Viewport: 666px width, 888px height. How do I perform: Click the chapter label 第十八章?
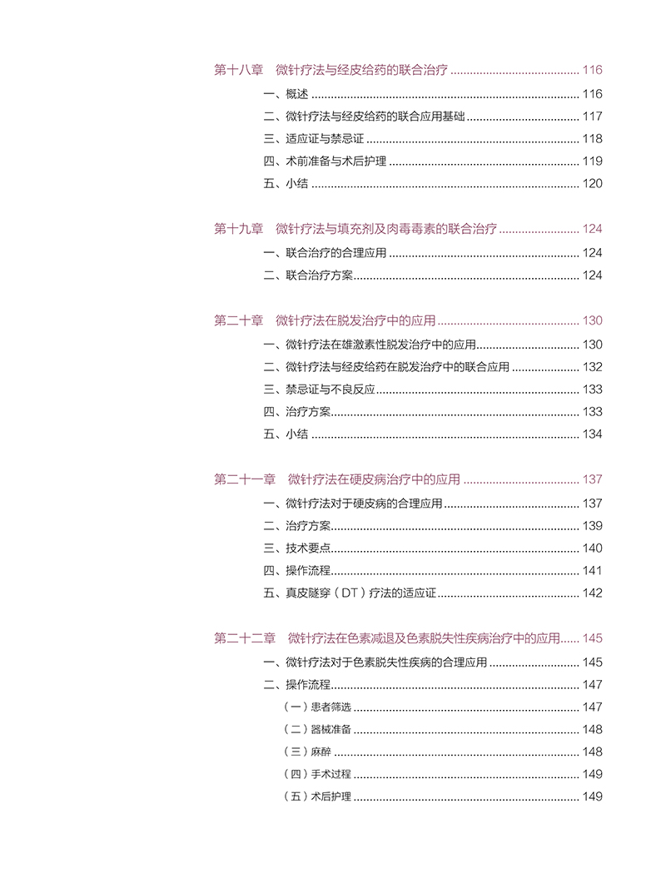[x=238, y=71]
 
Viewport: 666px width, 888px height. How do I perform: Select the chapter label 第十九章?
[x=238, y=229]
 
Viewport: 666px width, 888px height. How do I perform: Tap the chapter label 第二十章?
[x=238, y=320]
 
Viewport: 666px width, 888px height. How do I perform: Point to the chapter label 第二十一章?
[x=245, y=479]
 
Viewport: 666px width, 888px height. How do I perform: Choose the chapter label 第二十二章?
[x=245, y=638]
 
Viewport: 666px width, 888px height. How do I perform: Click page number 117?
[x=592, y=117]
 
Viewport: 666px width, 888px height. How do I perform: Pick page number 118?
[x=592, y=139]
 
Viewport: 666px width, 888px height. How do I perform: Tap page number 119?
[x=592, y=161]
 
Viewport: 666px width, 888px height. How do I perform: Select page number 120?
[x=592, y=184]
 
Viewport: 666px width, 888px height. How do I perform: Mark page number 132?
[x=592, y=367]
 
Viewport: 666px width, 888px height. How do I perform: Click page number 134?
[x=592, y=434]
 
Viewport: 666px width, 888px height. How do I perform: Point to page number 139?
[x=592, y=526]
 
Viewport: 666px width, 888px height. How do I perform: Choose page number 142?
[x=592, y=593]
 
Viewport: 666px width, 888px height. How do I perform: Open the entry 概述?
[x=297, y=94]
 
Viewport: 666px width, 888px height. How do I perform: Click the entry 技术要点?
[x=308, y=548]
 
